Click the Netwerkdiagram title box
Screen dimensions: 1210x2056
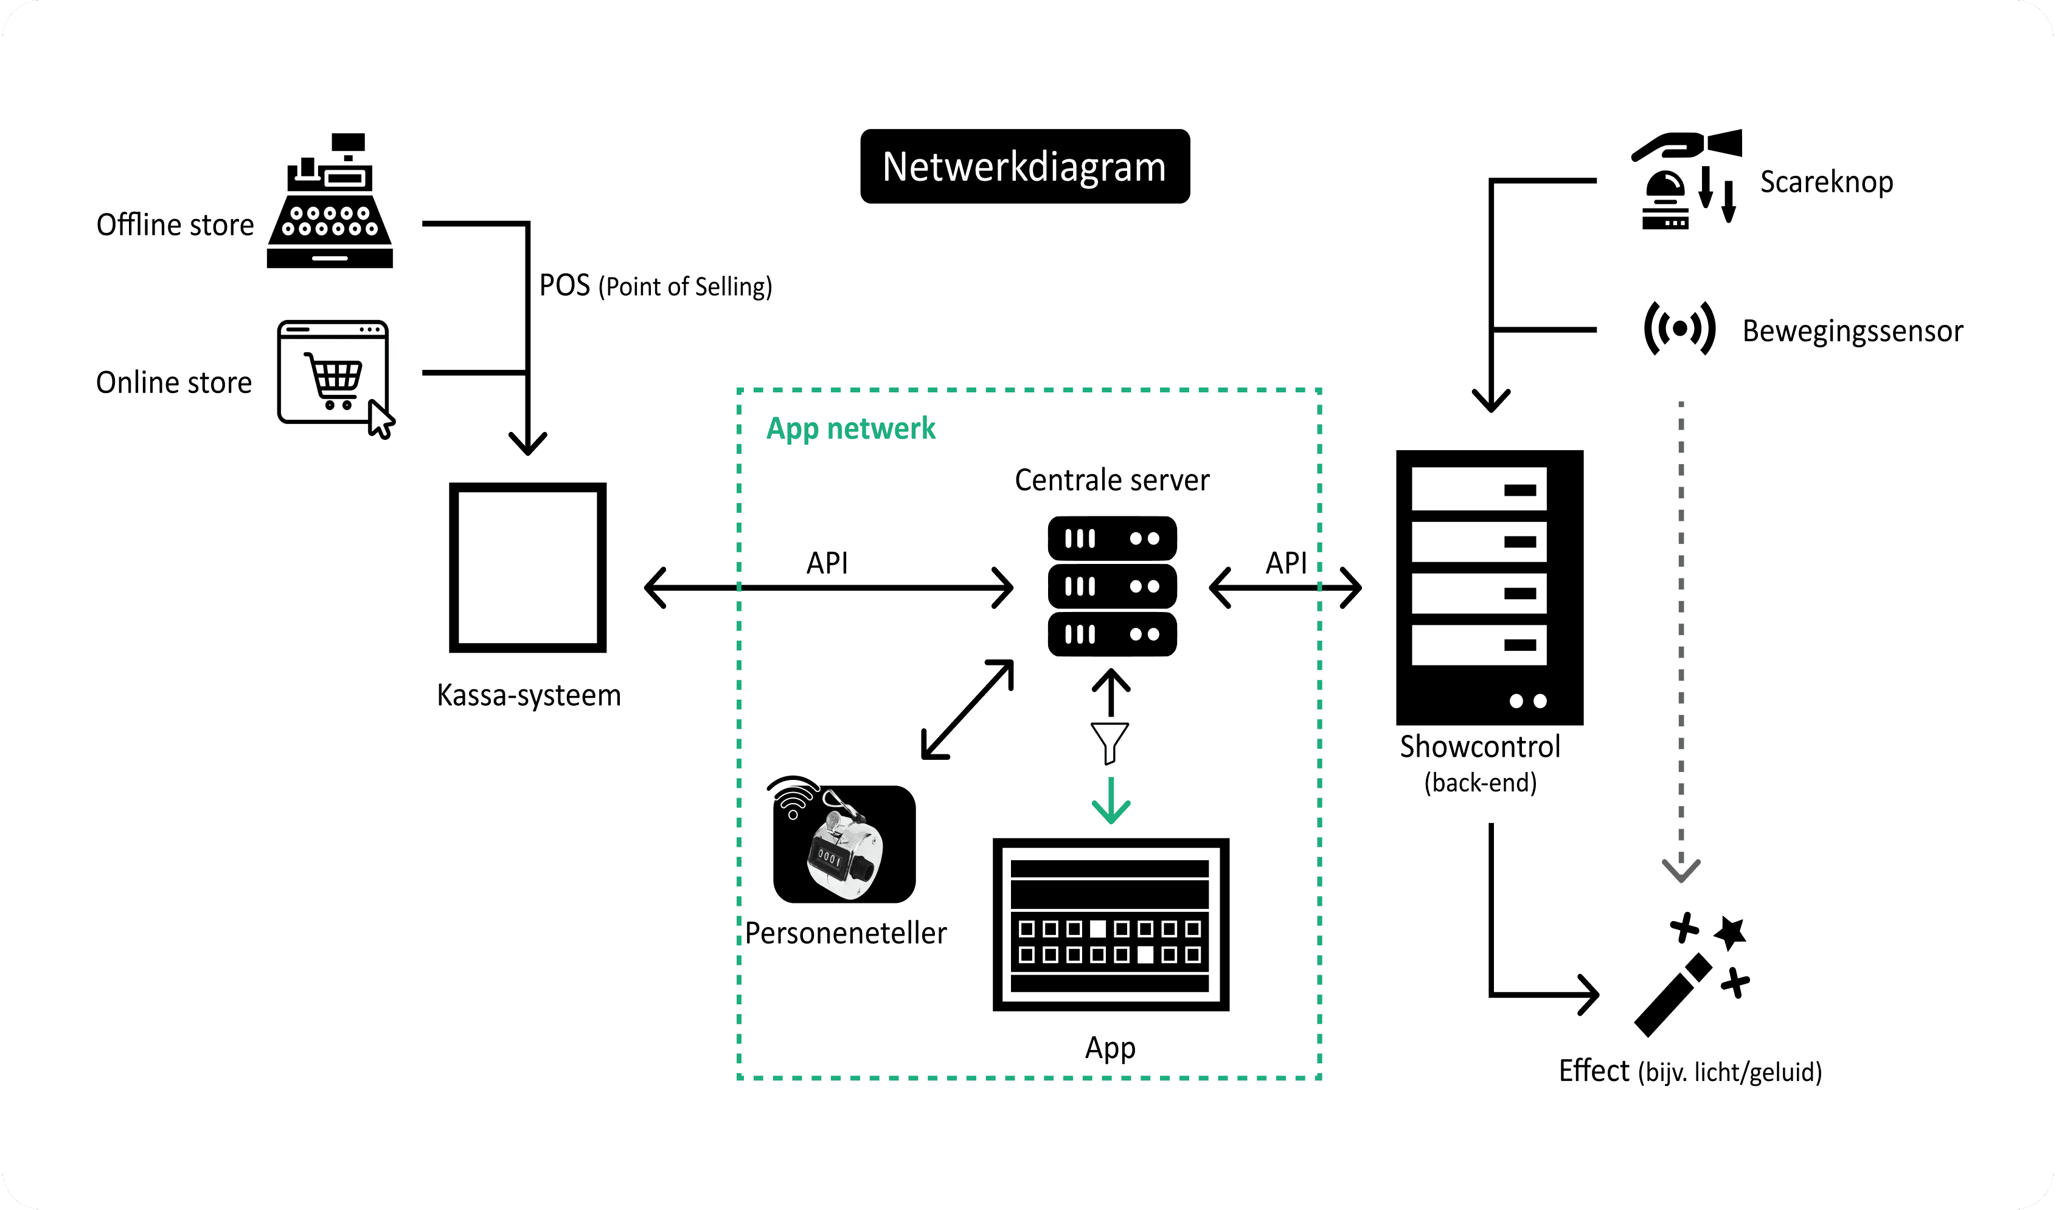[1025, 167]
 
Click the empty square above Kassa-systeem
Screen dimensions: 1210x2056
[528, 568]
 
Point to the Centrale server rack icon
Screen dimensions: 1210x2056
[1112, 586]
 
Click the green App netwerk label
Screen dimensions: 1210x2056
[850, 428]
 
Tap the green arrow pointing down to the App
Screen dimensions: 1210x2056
[1110, 801]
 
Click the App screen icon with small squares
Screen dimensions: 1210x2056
[1110, 925]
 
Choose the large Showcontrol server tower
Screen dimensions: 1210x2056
[1489, 588]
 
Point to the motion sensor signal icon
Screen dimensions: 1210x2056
[1679, 329]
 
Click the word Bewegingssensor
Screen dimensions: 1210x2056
[1852, 332]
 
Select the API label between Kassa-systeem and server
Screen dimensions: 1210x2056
[827, 563]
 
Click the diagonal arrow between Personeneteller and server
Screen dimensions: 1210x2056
[968, 710]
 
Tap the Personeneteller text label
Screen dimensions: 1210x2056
[846, 933]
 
